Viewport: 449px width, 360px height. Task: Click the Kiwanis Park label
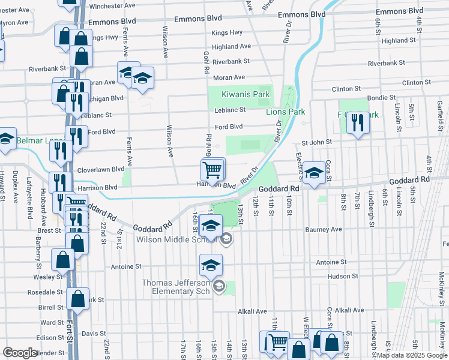tap(238, 94)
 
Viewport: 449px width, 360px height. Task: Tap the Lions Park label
tap(286, 112)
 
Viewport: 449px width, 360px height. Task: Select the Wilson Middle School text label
tap(175, 239)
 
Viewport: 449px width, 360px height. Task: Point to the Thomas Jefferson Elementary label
tap(175, 287)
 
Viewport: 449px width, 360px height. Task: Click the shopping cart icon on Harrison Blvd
tap(212, 170)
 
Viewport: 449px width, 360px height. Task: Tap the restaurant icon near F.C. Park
tap(358, 124)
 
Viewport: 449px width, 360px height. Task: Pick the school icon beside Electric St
tap(313, 173)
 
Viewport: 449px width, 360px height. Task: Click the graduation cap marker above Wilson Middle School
tap(211, 226)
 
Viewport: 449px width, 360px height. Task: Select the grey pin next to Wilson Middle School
tap(226, 239)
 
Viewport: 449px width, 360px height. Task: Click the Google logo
tap(20, 352)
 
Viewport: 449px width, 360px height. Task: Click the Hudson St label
tap(343, 276)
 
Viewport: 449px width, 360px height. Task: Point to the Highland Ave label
tap(231, 46)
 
